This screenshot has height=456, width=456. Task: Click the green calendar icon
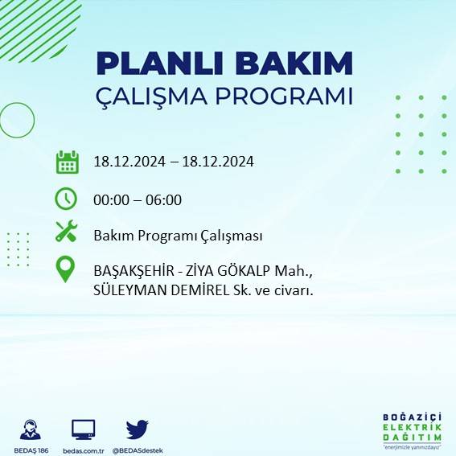point(66,162)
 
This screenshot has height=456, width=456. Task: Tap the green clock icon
point(66,198)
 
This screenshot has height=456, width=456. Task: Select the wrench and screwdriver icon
point(66,234)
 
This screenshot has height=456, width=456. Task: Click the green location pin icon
point(66,269)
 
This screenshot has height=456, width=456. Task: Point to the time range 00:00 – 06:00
point(138,199)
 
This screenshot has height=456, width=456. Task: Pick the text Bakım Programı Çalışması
point(178,236)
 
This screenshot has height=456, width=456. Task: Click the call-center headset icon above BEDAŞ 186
point(31,429)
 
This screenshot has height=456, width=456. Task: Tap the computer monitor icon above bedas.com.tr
point(84,429)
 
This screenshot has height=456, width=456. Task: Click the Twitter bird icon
point(137,429)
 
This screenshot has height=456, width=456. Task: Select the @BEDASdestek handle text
point(138,450)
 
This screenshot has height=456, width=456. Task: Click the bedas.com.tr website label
point(84,450)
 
